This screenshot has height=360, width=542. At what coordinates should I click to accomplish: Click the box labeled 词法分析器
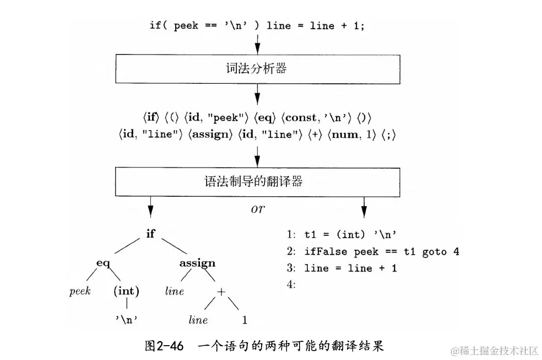coord(257,69)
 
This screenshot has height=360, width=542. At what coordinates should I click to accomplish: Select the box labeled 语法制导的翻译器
coord(257,181)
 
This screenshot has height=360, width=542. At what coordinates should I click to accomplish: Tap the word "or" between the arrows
coord(257,209)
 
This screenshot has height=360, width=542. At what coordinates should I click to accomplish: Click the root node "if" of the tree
coord(150,233)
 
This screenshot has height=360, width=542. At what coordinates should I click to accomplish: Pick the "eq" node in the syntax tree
coord(104,263)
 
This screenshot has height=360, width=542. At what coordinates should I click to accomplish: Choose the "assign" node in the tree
coord(197,263)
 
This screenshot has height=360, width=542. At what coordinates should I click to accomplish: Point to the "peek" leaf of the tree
coord(80,291)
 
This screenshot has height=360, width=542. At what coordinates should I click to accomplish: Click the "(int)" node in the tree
coord(126,291)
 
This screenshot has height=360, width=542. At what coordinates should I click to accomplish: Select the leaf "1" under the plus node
coord(244,320)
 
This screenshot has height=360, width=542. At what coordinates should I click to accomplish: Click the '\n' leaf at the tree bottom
coord(126,320)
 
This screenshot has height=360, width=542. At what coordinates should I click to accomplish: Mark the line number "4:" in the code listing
coord(291,284)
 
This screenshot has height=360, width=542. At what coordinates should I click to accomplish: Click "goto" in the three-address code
coord(434,251)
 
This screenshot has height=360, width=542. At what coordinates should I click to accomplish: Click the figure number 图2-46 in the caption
coord(162,346)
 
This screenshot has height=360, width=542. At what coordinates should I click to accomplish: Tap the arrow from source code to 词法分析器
coord(257,44)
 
